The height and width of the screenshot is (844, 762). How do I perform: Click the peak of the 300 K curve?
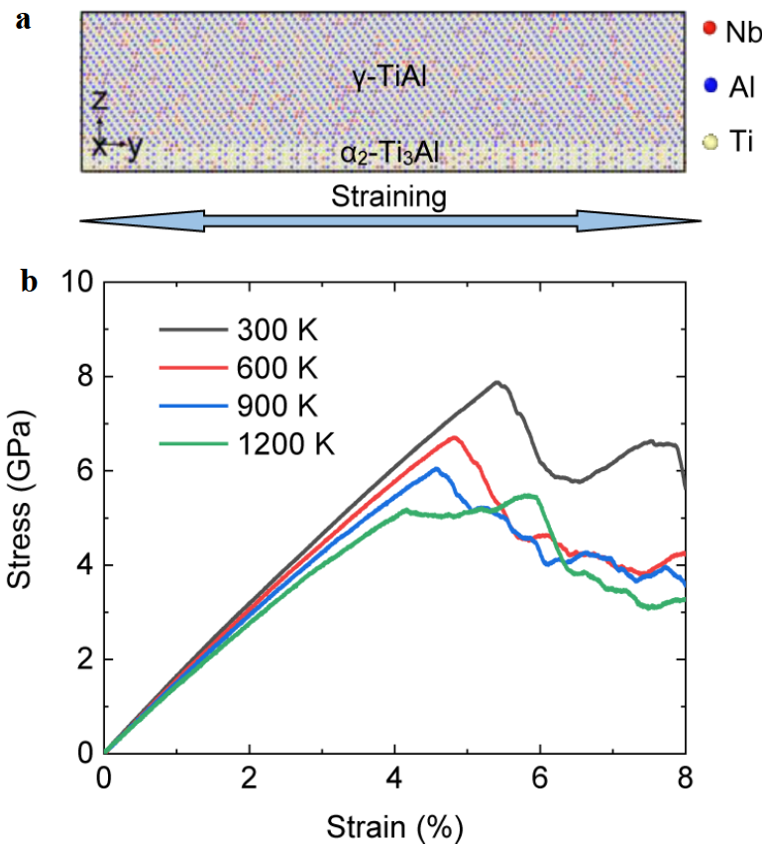click(x=496, y=382)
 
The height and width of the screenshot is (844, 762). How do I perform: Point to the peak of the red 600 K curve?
click(x=454, y=437)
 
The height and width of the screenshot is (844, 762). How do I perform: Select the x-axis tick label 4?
click(x=394, y=777)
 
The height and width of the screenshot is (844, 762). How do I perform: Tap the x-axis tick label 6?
click(x=540, y=777)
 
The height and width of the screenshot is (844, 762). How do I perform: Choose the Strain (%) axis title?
click(x=394, y=824)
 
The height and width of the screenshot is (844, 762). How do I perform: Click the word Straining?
click(x=388, y=196)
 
